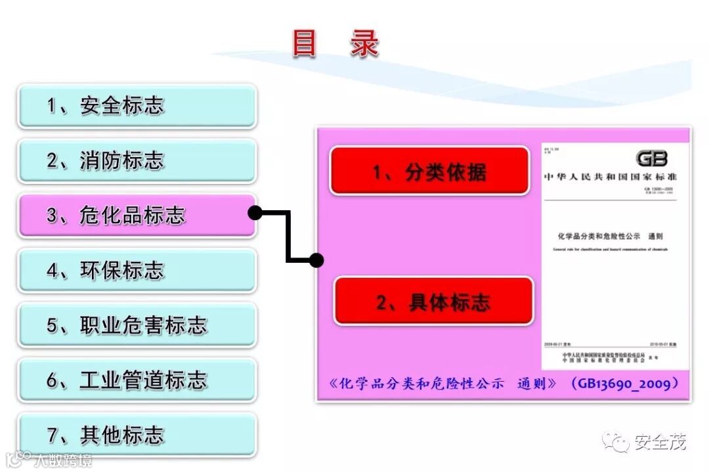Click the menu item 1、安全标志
click(137, 106)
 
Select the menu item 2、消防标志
click(137, 160)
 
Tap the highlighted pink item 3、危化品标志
click(137, 215)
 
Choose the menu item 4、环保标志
click(137, 270)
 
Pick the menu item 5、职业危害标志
click(137, 325)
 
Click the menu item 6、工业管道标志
click(137, 380)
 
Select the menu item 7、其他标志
click(137, 435)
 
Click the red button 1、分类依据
click(429, 171)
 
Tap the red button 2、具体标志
click(433, 302)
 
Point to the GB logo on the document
click(651, 158)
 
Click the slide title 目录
click(335, 45)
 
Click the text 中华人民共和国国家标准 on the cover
click(610, 177)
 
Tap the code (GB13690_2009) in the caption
click(624, 383)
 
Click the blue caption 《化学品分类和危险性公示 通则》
click(444, 384)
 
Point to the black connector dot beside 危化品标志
click(255, 212)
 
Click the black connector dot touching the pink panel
click(316, 260)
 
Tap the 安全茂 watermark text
click(660, 443)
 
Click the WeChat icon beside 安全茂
click(616, 442)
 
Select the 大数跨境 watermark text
click(64, 459)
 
